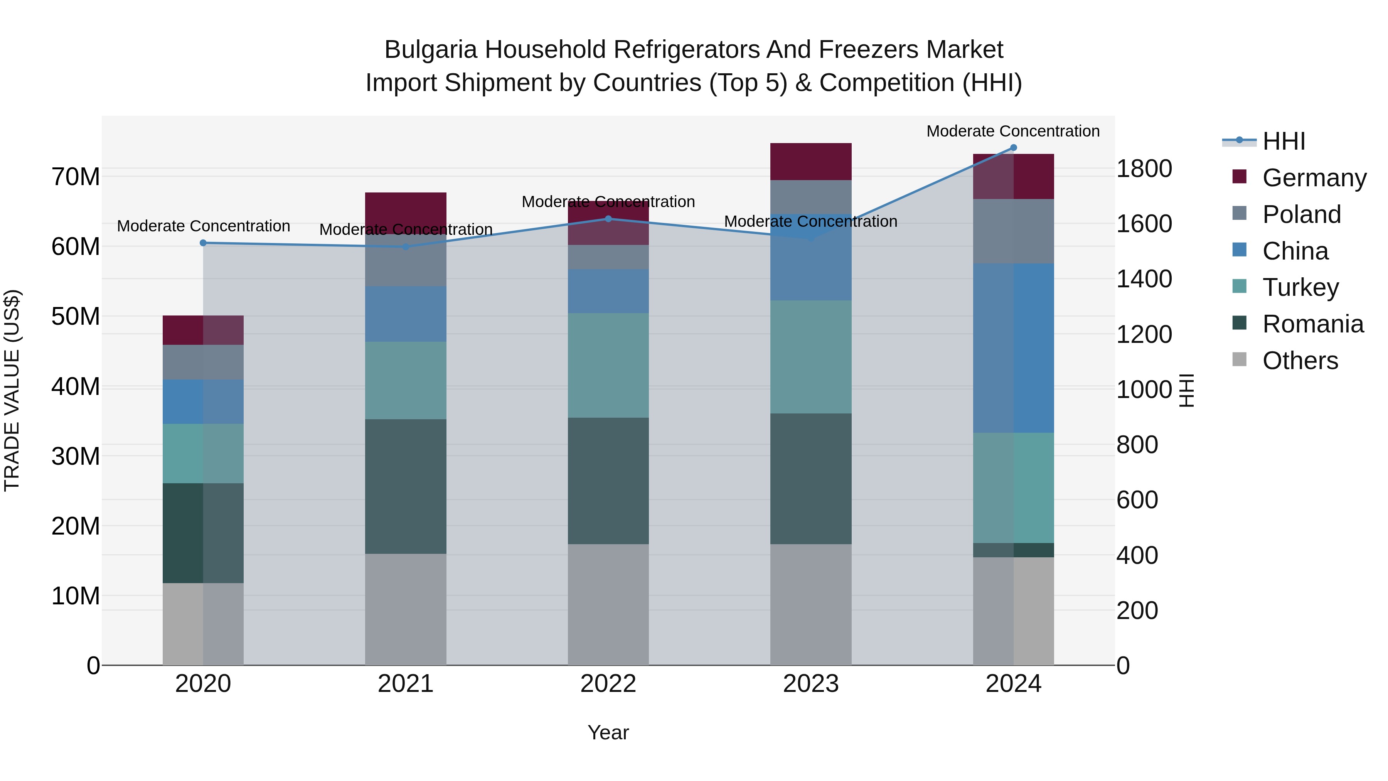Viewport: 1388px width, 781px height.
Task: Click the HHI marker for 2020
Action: pyautogui.click(x=203, y=243)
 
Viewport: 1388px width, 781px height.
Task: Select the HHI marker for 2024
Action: pyautogui.click(x=1014, y=148)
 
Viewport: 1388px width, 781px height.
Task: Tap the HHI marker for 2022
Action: pyautogui.click(x=608, y=219)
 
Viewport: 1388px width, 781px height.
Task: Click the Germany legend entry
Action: pyautogui.click(x=1314, y=178)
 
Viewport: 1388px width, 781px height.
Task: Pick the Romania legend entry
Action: pyautogui.click(x=1312, y=324)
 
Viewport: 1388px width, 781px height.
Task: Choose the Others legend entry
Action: pyautogui.click(x=1300, y=361)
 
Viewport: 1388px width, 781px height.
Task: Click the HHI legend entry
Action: pyautogui.click(x=1284, y=141)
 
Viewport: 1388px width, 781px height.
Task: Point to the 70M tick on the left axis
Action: pyautogui.click(x=76, y=177)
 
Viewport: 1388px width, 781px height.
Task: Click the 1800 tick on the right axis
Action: pyautogui.click(x=1144, y=169)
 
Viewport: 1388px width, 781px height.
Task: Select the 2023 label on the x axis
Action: pyautogui.click(x=810, y=684)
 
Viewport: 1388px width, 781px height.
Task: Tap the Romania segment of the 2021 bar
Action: pyautogui.click(x=406, y=486)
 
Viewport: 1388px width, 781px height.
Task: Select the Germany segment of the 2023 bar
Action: pyautogui.click(x=810, y=161)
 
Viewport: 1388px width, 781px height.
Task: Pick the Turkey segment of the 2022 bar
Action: pyautogui.click(x=608, y=366)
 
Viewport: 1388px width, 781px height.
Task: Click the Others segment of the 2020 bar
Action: pyautogui.click(x=203, y=624)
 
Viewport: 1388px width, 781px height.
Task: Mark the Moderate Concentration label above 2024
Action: pyautogui.click(x=1013, y=131)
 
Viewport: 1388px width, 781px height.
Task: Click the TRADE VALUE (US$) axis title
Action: pyautogui.click(x=12, y=390)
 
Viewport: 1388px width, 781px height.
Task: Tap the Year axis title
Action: pyautogui.click(x=608, y=732)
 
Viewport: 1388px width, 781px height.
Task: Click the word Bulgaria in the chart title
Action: pyautogui.click(x=431, y=50)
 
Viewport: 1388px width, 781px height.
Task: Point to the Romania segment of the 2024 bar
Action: pyautogui.click(x=1014, y=550)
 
